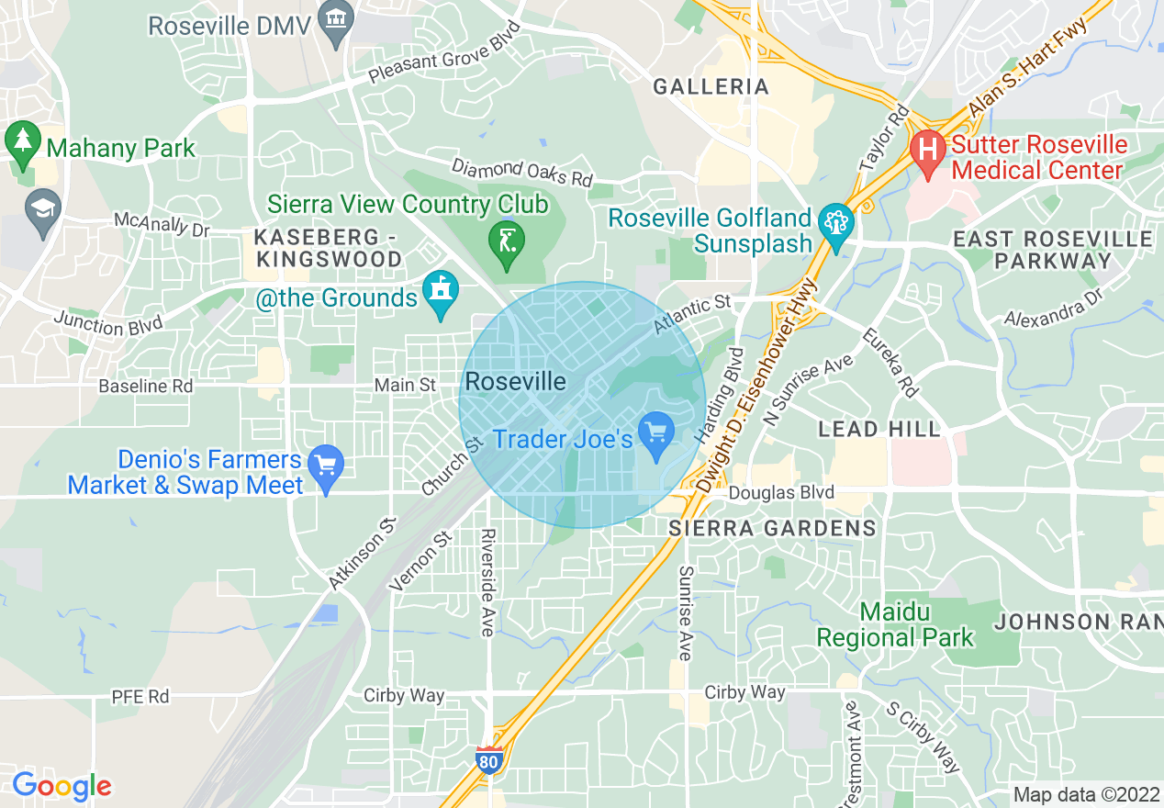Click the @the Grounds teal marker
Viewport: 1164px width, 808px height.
(441, 294)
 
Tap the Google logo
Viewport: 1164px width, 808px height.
(62, 786)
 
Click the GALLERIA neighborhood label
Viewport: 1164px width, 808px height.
(711, 86)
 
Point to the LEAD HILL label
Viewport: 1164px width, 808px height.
(879, 429)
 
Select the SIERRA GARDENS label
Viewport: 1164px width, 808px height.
(772, 528)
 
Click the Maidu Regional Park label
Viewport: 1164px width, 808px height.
(895, 624)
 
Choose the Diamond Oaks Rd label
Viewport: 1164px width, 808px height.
(521, 172)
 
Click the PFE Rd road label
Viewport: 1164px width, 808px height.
(140, 697)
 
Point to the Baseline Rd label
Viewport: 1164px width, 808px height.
(145, 387)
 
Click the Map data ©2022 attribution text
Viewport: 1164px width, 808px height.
(1085, 794)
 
